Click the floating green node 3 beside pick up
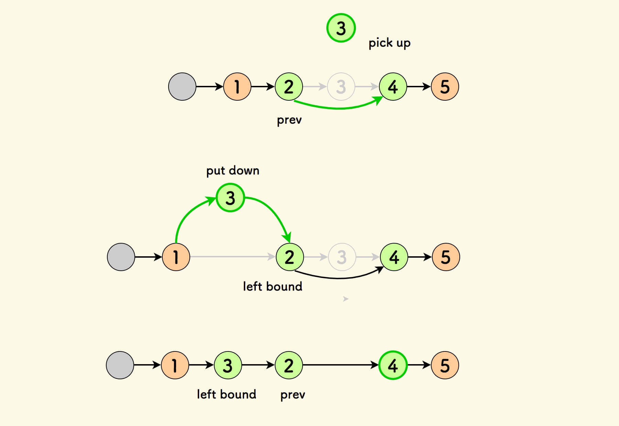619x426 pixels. click(x=341, y=28)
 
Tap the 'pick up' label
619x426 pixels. click(x=389, y=43)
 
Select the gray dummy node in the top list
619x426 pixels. click(x=182, y=87)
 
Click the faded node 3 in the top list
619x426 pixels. click(x=341, y=87)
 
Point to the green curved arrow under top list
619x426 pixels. click(x=339, y=108)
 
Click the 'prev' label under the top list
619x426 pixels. click(x=289, y=120)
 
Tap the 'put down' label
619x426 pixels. click(x=233, y=170)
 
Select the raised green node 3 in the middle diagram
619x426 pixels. click(x=230, y=198)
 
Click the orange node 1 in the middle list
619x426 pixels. click(x=176, y=257)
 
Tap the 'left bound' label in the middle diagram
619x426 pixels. click(x=272, y=286)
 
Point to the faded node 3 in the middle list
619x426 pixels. click(x=341, y=257)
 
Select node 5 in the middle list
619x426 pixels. click(x=445, y=257)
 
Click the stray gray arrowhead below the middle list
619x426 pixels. click(x=346, y=299)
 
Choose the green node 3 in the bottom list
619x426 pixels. click(x=228, y=365)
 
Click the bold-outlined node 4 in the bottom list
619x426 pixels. click(x=393, y=365)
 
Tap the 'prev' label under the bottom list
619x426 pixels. click(x=293, y=395)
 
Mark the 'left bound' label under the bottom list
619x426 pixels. click(x=226, y=394)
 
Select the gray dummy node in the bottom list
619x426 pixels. click(x=120, y=365)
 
